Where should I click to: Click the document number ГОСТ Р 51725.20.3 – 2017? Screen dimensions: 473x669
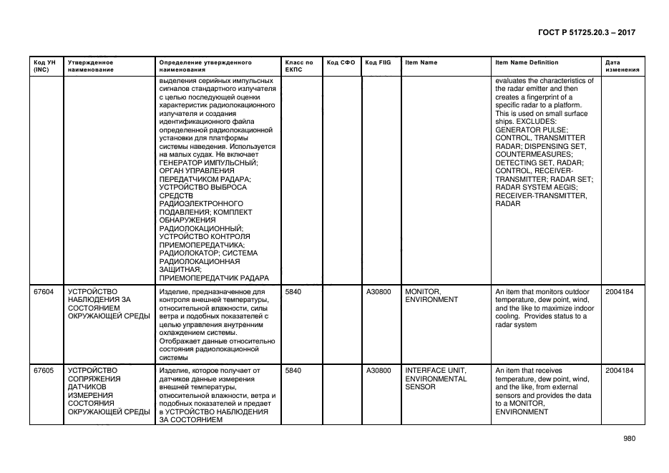pyautogui.click(x=585, y=33)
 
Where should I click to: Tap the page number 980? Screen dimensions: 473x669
pyautogui.click(x=629, y=439)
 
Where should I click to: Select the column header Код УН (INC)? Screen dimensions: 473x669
pyautogui.click(x=41, y=67)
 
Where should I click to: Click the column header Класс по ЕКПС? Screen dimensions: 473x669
pyautogui.click(x=299, y=67)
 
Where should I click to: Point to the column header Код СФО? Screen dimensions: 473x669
pyautogui.click(x=341, y=63)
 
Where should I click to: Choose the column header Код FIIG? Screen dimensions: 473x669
pyautogui.click(x=378, y=63)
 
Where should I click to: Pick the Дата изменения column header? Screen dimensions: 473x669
pyautogui.click(x=622, y=67)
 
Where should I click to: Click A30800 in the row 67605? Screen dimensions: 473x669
pyautogui.click(x=379, y=371)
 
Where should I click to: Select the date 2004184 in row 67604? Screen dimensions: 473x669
pyautogui.click(x=619, y=292)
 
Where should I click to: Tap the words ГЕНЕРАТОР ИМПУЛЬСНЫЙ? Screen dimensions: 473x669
pyautogui.click(x=208, y=163)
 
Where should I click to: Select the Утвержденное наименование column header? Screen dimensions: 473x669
pyautogui.click(x=91, y=67)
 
